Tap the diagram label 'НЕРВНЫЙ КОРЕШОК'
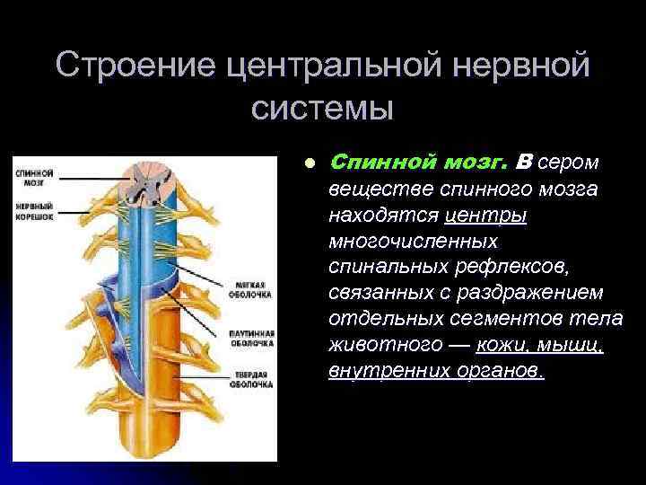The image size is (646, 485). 35,210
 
